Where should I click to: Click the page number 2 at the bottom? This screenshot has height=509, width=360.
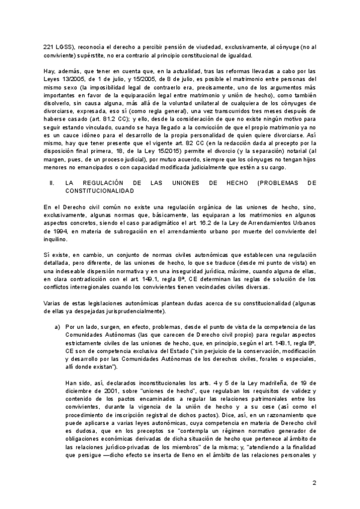pos(314,483)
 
